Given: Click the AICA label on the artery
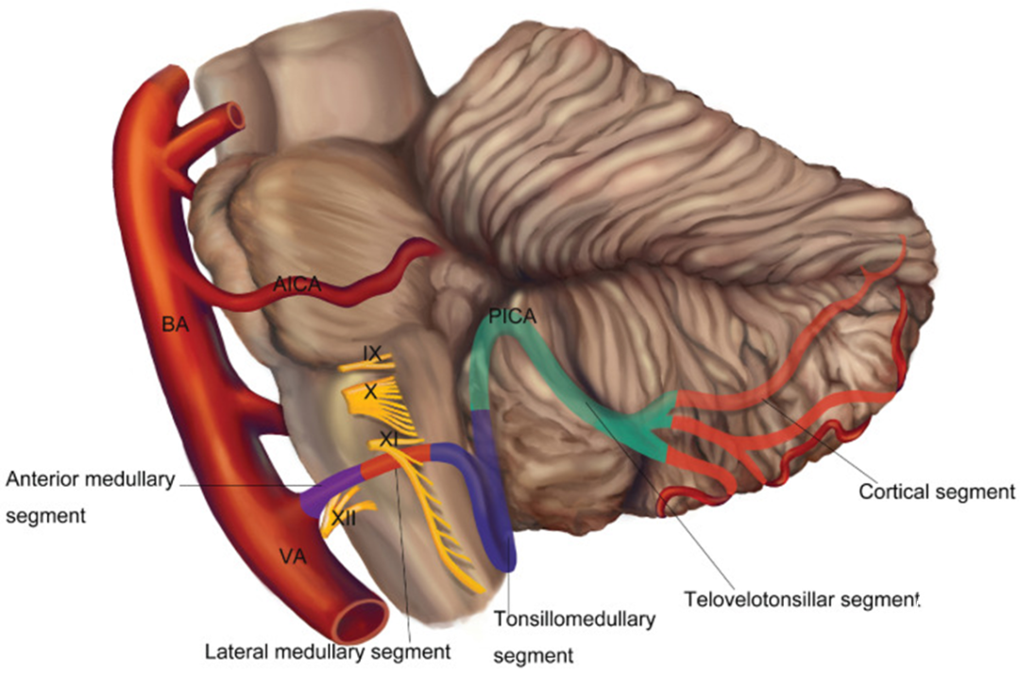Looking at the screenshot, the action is [297, 285].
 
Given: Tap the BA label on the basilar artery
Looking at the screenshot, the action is [175, 323].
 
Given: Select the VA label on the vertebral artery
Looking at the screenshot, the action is [293, 557].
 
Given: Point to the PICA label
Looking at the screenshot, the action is [513, 317].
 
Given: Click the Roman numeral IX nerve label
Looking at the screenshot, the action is [372, 354].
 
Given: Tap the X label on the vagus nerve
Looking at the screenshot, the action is [371, 391].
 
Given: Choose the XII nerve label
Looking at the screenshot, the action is [343, 518].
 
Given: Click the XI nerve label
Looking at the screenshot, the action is [388, 440].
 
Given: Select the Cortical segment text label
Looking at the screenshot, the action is [937, 492].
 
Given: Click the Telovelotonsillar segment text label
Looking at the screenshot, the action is [802, 599].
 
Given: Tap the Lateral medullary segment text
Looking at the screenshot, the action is [328, 651].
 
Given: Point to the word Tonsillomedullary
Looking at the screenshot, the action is [574, 619].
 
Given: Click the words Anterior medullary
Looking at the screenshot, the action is [91, 479].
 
